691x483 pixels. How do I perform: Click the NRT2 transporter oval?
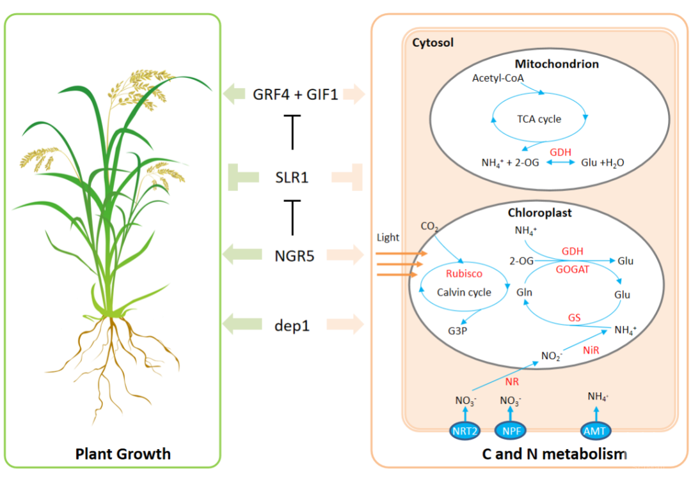[x=465, y=431]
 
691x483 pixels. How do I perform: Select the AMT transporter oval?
[x=595, y=431]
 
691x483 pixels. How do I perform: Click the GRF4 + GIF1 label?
[x=295, y=95]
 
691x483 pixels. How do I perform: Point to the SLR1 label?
[x=292, y=177]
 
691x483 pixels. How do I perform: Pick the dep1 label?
[x=293, y=325]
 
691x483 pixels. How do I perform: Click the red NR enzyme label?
[x=511, y=382]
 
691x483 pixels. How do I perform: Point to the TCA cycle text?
[x=539, y=119]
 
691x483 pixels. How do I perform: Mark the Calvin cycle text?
[x=464, y=292]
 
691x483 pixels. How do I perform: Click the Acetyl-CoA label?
[x=498, y=78]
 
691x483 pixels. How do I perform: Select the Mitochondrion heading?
[x=557, y=63]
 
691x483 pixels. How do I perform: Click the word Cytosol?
[x=433, y=43]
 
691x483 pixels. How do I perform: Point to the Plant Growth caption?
[x=123, y=454]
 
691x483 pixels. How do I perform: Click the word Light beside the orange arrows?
[x=388, y=238]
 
